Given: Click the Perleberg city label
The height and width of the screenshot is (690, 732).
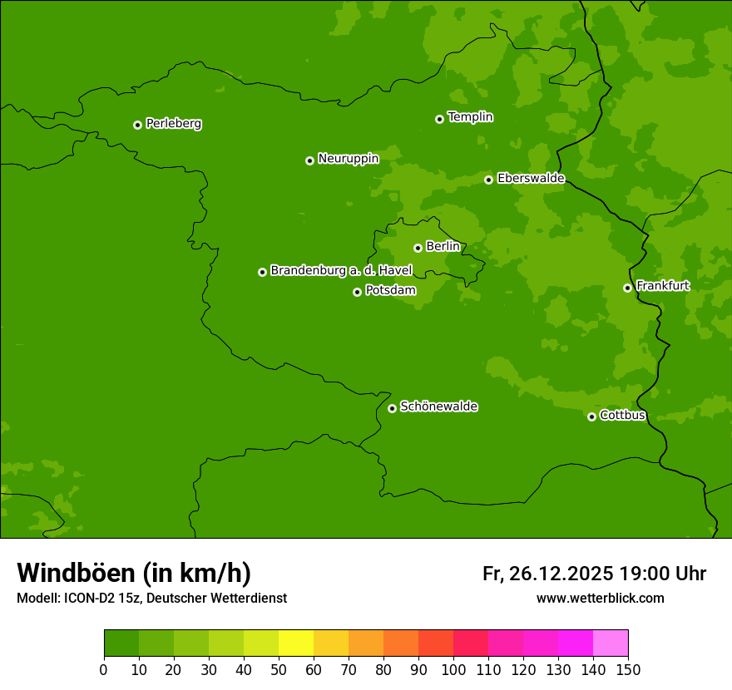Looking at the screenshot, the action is (x=174, y=124).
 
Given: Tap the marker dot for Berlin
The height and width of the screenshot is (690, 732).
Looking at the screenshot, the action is (x=418, y=248).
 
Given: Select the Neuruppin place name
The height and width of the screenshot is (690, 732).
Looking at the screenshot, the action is (x=348, y=159).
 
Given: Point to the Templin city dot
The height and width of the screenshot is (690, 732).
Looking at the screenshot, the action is (x=439, y=119).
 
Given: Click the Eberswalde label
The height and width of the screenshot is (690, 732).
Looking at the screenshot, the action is (x=531, y=179).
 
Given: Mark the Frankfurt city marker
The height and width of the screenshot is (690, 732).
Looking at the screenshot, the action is (x=627, y=288).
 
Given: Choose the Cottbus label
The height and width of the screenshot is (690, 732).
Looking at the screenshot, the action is (x=622, y=415).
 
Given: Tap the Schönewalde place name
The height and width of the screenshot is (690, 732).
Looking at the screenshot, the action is (x=438, y=407).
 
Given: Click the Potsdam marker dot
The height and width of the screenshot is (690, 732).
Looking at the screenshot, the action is (x=357, y=292).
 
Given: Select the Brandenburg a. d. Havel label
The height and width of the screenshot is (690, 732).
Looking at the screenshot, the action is (x=341, y=271).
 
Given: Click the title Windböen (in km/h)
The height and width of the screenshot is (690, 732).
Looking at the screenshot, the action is (x=134, y=573).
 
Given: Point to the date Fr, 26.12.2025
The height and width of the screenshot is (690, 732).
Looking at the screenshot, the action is (x=547, y=574).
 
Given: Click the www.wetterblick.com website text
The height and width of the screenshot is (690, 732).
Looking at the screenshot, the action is (x=600, y=598).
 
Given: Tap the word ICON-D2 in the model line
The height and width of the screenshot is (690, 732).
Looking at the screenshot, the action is (x=89, y=598).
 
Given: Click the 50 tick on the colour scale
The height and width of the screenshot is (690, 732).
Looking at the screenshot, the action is (x=279, y=669).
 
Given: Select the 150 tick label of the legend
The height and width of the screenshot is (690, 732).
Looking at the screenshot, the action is (x=628, y=669).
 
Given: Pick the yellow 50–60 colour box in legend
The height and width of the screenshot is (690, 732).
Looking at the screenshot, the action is (x=296, y=643).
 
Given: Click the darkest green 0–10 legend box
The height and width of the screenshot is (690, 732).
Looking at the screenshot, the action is (x=121, y=643).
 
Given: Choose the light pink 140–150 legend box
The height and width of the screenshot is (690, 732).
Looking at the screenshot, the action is (x=611, y=643).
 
